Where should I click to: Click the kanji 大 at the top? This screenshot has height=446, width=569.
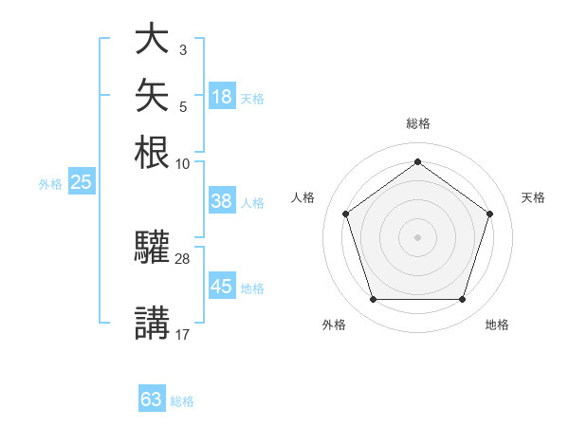152,38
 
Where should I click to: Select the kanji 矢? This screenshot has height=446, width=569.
152,95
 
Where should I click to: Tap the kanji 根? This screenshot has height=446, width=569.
152,152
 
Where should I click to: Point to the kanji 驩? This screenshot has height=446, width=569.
152,247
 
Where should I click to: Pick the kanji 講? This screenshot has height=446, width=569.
152,323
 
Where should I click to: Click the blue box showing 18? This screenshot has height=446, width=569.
222,96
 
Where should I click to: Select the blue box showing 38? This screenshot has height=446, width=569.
222,200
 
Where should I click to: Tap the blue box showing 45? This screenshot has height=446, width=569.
222,285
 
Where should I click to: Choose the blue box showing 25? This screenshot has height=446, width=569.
82,181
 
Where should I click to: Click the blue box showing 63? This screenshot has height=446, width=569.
152,398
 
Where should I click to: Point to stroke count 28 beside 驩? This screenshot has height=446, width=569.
182,259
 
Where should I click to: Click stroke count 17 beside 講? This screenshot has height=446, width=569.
182,335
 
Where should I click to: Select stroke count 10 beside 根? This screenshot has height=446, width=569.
182,164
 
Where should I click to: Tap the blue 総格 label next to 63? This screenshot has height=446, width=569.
182,401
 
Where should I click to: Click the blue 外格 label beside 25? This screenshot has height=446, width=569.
50,184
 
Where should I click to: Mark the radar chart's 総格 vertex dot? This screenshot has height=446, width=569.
417,161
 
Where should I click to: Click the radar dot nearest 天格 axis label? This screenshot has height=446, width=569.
489,214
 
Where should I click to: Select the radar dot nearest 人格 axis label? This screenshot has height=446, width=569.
346,214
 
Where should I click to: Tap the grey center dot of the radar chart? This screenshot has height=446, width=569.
417,237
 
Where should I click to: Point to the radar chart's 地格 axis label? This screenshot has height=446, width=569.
497,325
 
